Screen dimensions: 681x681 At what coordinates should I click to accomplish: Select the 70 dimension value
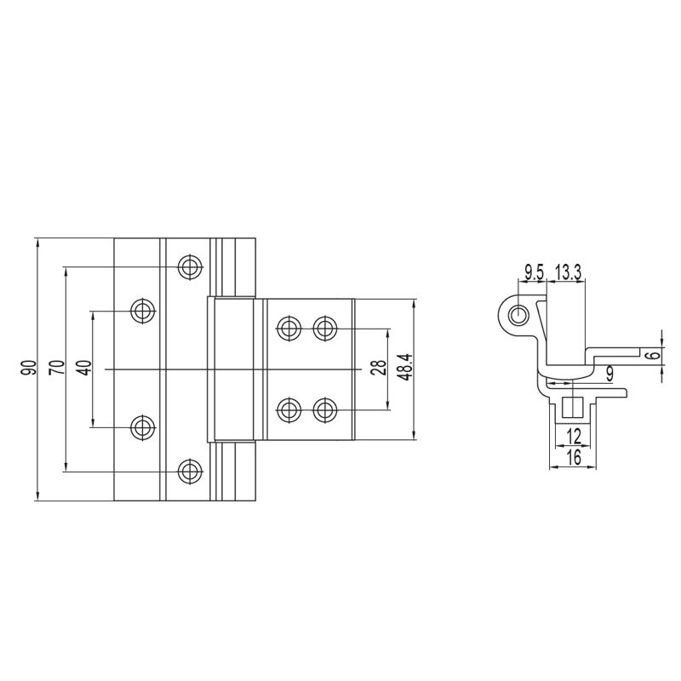56,368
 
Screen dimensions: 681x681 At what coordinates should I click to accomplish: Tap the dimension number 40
83,368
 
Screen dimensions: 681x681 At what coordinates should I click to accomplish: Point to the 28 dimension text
378,368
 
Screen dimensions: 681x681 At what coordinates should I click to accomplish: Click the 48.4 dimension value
405,368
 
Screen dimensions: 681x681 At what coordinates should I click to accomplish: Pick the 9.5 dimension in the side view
535,272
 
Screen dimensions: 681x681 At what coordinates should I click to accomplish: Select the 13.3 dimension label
568,272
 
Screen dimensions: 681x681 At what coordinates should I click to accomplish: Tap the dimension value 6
651,355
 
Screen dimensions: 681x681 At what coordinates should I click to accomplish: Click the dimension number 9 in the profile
609,372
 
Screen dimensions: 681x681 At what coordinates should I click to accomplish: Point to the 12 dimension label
572,436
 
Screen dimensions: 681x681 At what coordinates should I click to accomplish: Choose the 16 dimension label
572,458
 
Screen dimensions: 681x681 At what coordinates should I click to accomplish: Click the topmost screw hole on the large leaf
190,266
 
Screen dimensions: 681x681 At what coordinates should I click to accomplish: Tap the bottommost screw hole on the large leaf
190,470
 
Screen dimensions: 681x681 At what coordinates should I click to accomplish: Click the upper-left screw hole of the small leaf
289,327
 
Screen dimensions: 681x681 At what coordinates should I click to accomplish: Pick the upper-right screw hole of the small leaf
323,327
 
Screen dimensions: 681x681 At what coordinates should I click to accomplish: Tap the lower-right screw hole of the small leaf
323,409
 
